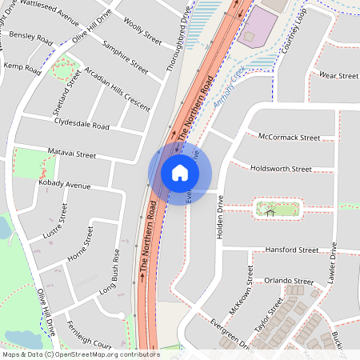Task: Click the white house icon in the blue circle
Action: coord(179,173)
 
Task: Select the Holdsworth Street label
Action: coord(281,169)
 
